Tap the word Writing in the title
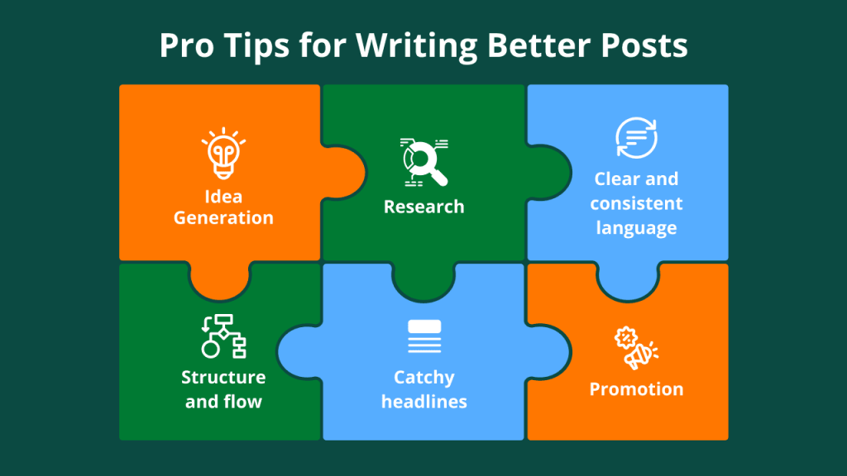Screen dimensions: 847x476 tap(417, 47)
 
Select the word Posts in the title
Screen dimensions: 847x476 tap(644, 45)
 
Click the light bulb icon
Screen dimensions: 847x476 tap(223, 154)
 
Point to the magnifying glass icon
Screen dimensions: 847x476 tap(424, 162)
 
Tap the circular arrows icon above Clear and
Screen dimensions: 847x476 tap(636, 138)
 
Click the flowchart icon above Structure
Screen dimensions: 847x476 tap(223, 336)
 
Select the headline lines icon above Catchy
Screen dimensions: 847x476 tap(424, 337)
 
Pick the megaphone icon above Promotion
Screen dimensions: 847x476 tap(636, 348)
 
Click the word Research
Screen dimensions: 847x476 tap(424, 207)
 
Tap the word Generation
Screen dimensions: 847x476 tap(223, 217)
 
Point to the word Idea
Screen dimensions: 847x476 tap(223, 197)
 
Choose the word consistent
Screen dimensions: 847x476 tap(636, 203)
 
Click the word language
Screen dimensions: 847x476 tap(636, 228)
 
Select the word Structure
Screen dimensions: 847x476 tap(223, 377)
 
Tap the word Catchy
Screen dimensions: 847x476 tap(424, 378)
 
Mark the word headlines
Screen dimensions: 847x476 tap(424, 402)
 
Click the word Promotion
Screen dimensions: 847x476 tap(636, 389)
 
